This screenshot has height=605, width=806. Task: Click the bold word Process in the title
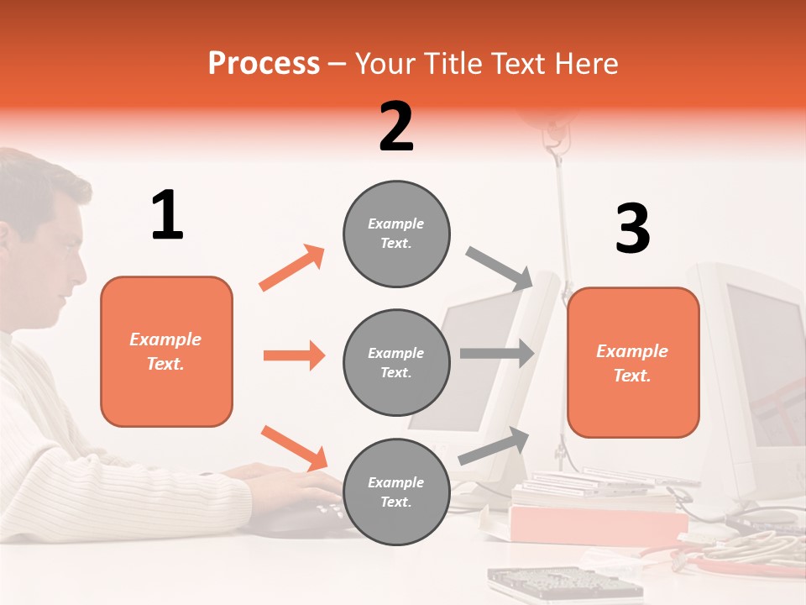click(264, 63)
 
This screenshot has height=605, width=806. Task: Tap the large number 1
click(167, 215)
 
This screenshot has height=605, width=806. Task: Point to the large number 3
click(632, 229)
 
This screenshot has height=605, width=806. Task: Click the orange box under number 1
click(166, 351)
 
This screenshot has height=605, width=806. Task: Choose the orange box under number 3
click(633, 362)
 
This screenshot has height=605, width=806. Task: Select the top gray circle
click(396, 234)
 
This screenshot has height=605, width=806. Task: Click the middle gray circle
click(396, 362)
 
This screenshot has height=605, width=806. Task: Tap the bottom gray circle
click(396, 492)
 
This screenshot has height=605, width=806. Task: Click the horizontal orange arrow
click(294, 355)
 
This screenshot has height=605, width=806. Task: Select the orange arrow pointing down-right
click(294, 448)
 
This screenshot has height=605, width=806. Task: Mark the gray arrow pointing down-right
click(499, 267)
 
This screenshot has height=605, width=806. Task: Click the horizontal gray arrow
click(497, 353)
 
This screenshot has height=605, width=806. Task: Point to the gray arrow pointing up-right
click(495, 445)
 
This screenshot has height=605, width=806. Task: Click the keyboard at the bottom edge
click(563, 584)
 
